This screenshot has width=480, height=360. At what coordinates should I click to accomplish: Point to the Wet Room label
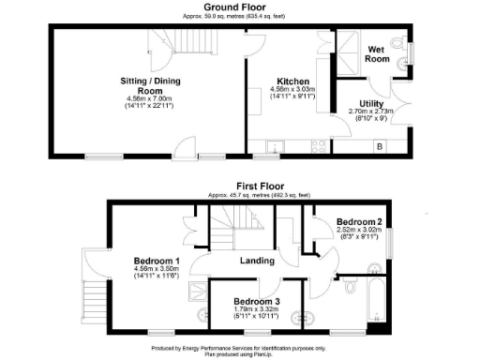pyautogui.click(x=379, y=53)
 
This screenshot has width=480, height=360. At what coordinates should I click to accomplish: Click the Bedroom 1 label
pyautogui.click(x=157, y=261)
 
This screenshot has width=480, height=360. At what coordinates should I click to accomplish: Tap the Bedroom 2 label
pyautogui.click(x=355, y=222)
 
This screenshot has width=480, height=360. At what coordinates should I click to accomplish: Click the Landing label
pyautogui.click(x=258, y=261)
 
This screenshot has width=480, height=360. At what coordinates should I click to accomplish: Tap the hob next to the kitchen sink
pyautogui.click(x=315, y=146)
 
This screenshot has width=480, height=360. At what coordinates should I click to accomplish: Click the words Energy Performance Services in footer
pyautogui.click(x=221, y=348)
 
